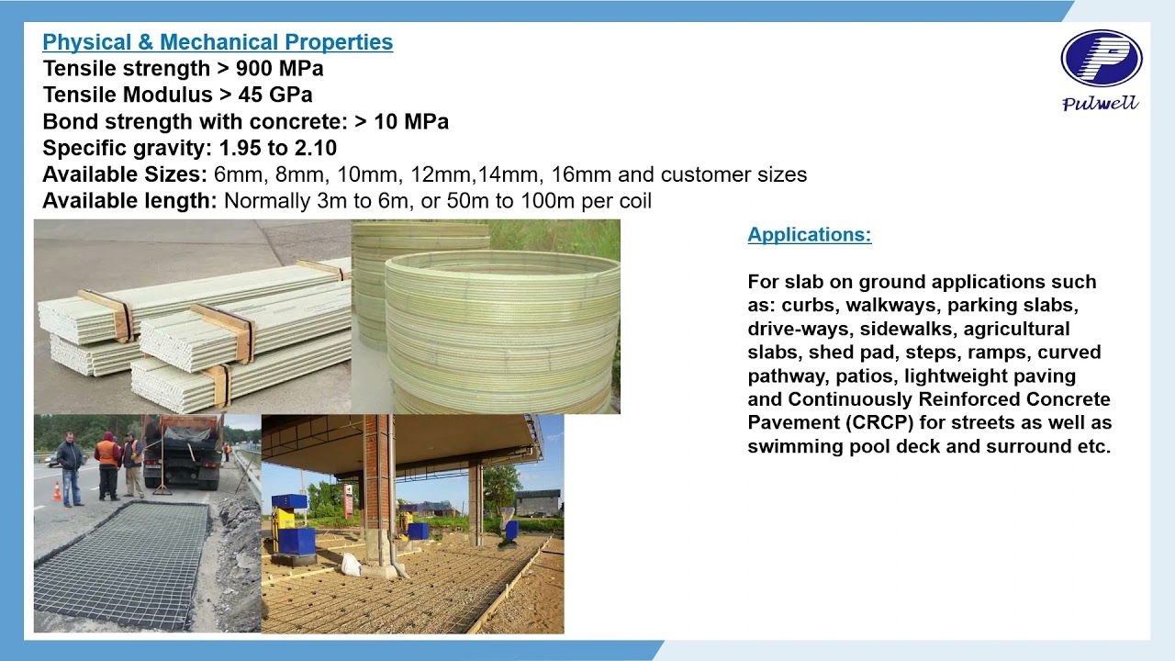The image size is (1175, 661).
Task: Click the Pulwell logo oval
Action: [1101, 59]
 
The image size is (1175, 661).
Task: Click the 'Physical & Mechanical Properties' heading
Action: [218, 42]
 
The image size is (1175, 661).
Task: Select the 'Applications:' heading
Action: [809, 234]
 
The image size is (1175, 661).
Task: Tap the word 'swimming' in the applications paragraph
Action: [791, 447]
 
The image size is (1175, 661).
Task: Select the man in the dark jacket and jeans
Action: [71, 468]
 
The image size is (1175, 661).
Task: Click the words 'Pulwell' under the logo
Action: [1101, 104]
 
